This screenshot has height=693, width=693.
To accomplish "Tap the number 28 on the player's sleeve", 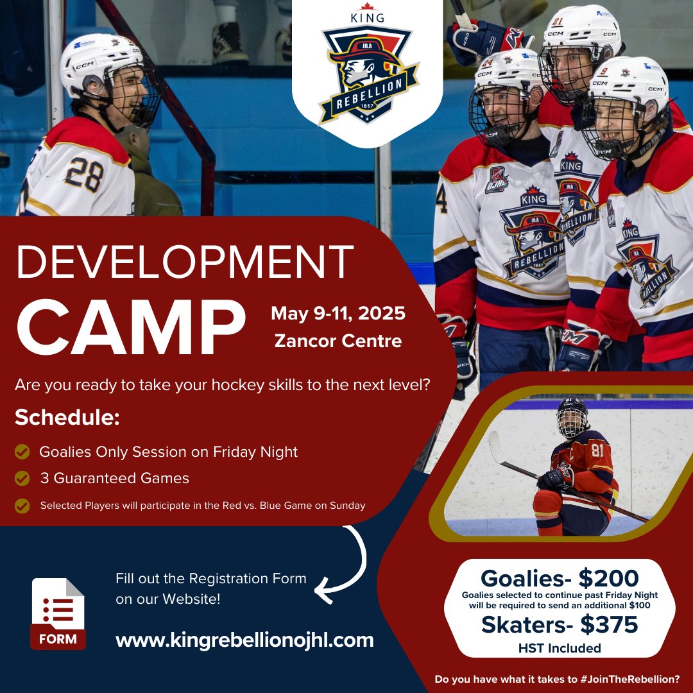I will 84,174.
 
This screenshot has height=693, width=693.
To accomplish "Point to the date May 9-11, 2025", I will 338,314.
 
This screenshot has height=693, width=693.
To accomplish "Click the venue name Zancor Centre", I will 338,341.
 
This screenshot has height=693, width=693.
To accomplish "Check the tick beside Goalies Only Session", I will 22,452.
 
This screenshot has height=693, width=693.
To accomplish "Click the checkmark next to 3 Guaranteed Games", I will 22,478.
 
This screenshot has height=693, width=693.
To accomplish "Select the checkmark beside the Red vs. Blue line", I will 22,506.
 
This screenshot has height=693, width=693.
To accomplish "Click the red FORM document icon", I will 58,613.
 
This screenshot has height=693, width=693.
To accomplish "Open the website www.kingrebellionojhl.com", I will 244,640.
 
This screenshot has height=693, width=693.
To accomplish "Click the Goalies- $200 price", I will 560,578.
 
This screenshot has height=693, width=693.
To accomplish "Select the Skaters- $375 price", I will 560,624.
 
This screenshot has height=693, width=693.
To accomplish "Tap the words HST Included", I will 560,648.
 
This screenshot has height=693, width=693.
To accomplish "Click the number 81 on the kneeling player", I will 597,451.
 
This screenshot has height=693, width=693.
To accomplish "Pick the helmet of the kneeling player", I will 572,414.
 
